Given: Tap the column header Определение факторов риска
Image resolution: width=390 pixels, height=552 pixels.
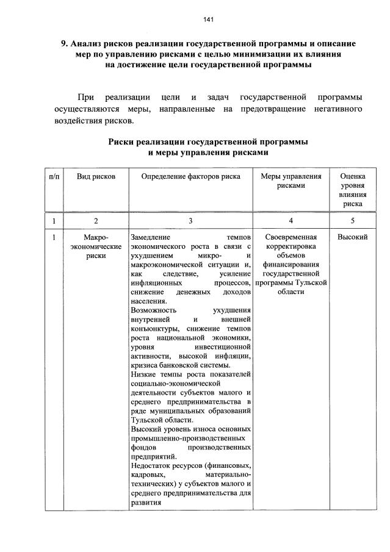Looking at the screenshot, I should [190, 176].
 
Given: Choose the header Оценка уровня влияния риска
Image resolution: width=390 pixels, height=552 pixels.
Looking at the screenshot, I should [352, 190].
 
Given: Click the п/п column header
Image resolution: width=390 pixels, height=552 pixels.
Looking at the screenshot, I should [54, 176].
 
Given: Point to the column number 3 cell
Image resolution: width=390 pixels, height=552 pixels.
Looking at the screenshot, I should [190, 220].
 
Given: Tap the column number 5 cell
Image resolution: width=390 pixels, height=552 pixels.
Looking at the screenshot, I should [352, 220].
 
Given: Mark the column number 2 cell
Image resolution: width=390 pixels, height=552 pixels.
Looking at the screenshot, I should [96, 220].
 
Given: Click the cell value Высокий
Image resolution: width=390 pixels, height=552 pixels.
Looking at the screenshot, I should [352, 237].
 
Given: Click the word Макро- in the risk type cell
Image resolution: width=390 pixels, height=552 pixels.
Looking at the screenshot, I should [96, 237].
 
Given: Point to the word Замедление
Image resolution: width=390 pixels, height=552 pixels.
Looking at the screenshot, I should [150, 237].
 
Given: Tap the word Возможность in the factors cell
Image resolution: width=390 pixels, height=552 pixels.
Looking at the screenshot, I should [152, 310].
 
